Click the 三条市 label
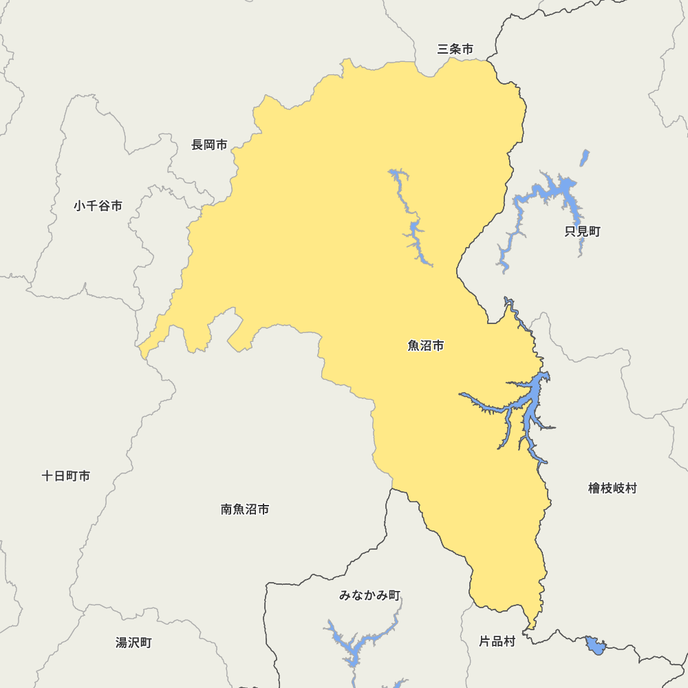[x=455, y=50]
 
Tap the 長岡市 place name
[x=209, y=145]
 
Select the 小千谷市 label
[x=98, y=206]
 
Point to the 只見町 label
[x=582, y=232]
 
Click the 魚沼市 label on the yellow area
[x=426, y=346]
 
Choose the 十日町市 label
[x=65, y=476]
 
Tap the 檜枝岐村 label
[x=612, y=488]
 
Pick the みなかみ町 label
[x=369, y=595]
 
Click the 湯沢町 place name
[x=133, y=643]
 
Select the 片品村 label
[x=497, y=642]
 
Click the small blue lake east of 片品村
[x=595, y=646]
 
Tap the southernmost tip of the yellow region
[x=530, y=628]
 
